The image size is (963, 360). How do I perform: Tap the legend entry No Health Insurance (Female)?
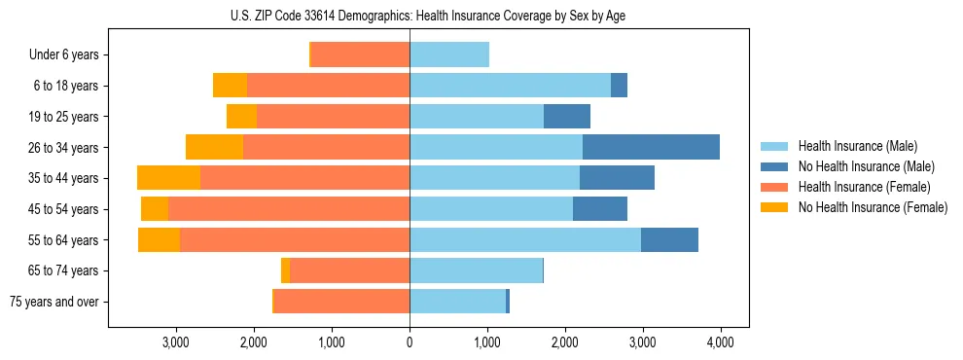(x=872, y=207)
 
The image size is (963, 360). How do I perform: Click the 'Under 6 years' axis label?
(x=64, y=55)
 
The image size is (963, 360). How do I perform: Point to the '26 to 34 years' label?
(x=64, y=148)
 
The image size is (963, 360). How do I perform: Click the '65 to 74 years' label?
(x=64, y=270)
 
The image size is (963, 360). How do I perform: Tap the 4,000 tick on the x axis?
(x=720, y=342)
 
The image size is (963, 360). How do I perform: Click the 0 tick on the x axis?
(x=410, y=342)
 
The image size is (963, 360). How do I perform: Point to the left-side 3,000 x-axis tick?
(x=176, y=342)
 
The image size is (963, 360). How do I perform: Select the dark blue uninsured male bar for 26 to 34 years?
(x=651, y=147)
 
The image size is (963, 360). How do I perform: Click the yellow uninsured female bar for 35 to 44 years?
(x=168, y=178)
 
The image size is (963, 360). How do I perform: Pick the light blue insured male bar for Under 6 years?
(x=449, y=54)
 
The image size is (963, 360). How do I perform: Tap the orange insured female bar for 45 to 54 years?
(x=289, y=208)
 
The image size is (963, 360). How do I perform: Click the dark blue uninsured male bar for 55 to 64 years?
(x=669, y=239)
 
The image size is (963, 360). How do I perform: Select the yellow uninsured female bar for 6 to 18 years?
(x=230, y=86)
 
